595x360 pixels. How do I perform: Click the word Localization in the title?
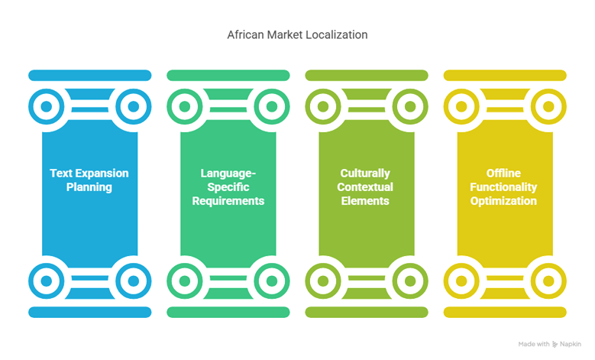click(337, 35)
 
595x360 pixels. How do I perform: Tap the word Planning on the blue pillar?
click(89, 187)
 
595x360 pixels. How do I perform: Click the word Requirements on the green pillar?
click(228, 201)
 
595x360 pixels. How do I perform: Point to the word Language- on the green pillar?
click(228, 174)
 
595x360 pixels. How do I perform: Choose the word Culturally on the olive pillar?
click(365, 174)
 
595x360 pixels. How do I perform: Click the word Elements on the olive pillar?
click(365, 201)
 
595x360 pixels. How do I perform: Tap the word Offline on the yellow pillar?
click(503, 174)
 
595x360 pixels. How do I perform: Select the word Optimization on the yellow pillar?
click(503, 201)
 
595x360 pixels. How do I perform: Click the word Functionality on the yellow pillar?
click(503, 187)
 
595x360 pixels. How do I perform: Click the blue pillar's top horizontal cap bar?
click(90, 75)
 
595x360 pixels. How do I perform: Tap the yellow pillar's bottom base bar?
click(505, 312)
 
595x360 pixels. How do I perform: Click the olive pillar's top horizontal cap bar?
click(367, 75)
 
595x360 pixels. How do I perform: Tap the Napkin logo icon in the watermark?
click(555, 345)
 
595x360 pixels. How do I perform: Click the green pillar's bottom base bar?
click(228, 312)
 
